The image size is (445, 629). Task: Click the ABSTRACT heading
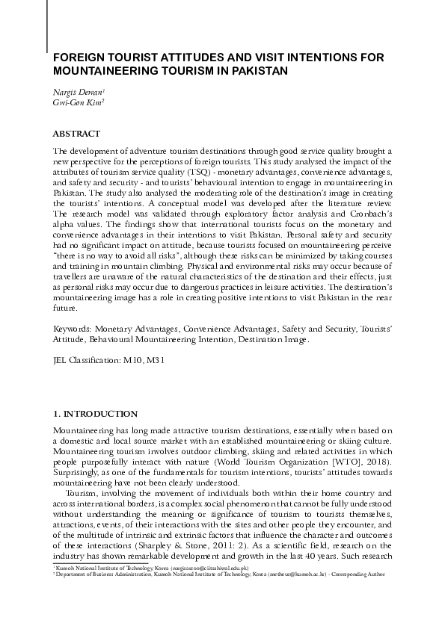pyautogui.click(x=76, y=134)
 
